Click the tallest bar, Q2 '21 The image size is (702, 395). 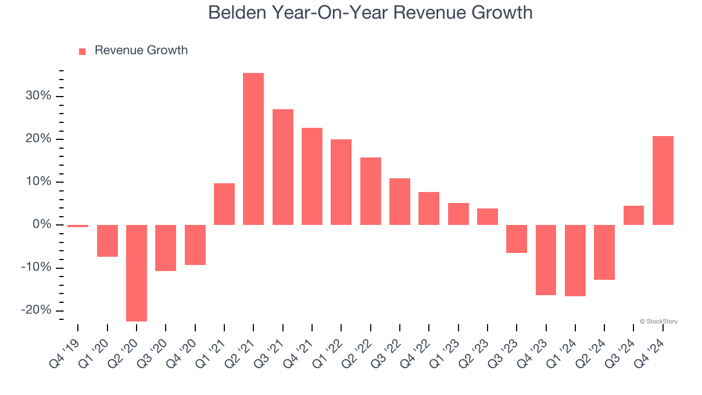[253, 149]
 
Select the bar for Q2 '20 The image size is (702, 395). [137, 273]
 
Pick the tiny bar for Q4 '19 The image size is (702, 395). [78, 226]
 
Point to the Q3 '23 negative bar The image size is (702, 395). [517, 239]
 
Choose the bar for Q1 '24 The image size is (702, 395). [575, 260]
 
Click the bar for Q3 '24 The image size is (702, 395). [633, 215]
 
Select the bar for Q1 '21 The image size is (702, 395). [224, 204]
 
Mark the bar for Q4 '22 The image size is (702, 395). [429, 208]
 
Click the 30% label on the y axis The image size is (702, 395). [38, 96]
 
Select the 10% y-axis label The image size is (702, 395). [38, 182]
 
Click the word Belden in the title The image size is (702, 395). [237, 12]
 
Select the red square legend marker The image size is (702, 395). [82, 51]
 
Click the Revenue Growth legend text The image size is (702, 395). [141, 50]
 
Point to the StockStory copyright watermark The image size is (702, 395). [658, 321]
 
